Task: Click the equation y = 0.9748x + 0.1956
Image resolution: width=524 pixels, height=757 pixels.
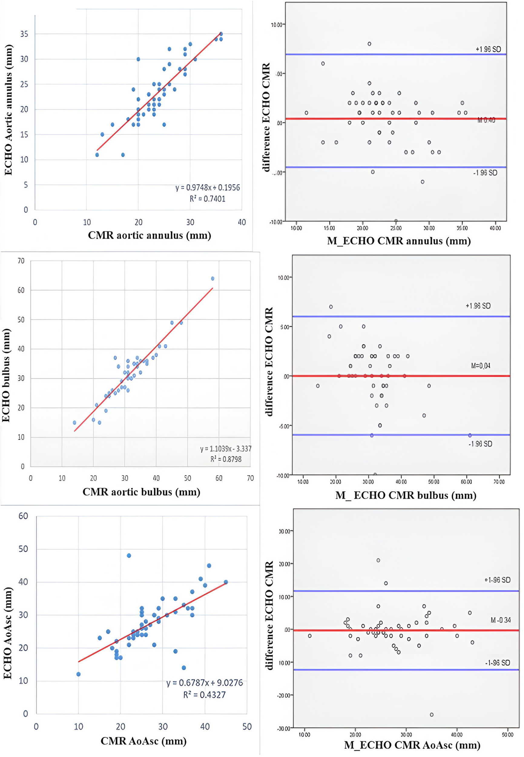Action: [207, 187]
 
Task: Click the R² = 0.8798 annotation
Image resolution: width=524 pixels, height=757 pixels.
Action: [226, 459]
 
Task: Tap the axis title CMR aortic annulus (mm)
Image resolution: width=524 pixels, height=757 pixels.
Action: [149, 236]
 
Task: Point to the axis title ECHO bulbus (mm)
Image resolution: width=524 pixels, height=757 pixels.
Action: [6, 375]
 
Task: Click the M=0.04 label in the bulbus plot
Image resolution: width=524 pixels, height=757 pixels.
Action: [480, 365]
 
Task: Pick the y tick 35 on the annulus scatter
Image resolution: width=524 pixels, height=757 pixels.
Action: [24, 34]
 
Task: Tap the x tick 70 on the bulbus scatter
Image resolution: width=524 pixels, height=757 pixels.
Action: [250, 478]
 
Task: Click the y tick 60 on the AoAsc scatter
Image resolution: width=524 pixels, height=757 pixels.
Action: [23, 516]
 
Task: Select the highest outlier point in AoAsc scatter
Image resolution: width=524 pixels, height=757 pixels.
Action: [129, 556]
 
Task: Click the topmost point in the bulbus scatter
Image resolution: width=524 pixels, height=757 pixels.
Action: [213, 279]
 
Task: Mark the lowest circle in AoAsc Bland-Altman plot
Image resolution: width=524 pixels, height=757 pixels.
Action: [432, 715]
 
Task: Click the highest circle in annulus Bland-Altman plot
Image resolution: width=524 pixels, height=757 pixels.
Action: [369, 44]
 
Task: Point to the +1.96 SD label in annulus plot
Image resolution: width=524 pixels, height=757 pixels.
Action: [488, 49]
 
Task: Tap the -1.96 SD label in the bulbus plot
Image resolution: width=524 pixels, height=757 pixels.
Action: [480, 444]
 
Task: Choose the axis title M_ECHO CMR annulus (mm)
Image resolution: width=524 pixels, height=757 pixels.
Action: [399, 241]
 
